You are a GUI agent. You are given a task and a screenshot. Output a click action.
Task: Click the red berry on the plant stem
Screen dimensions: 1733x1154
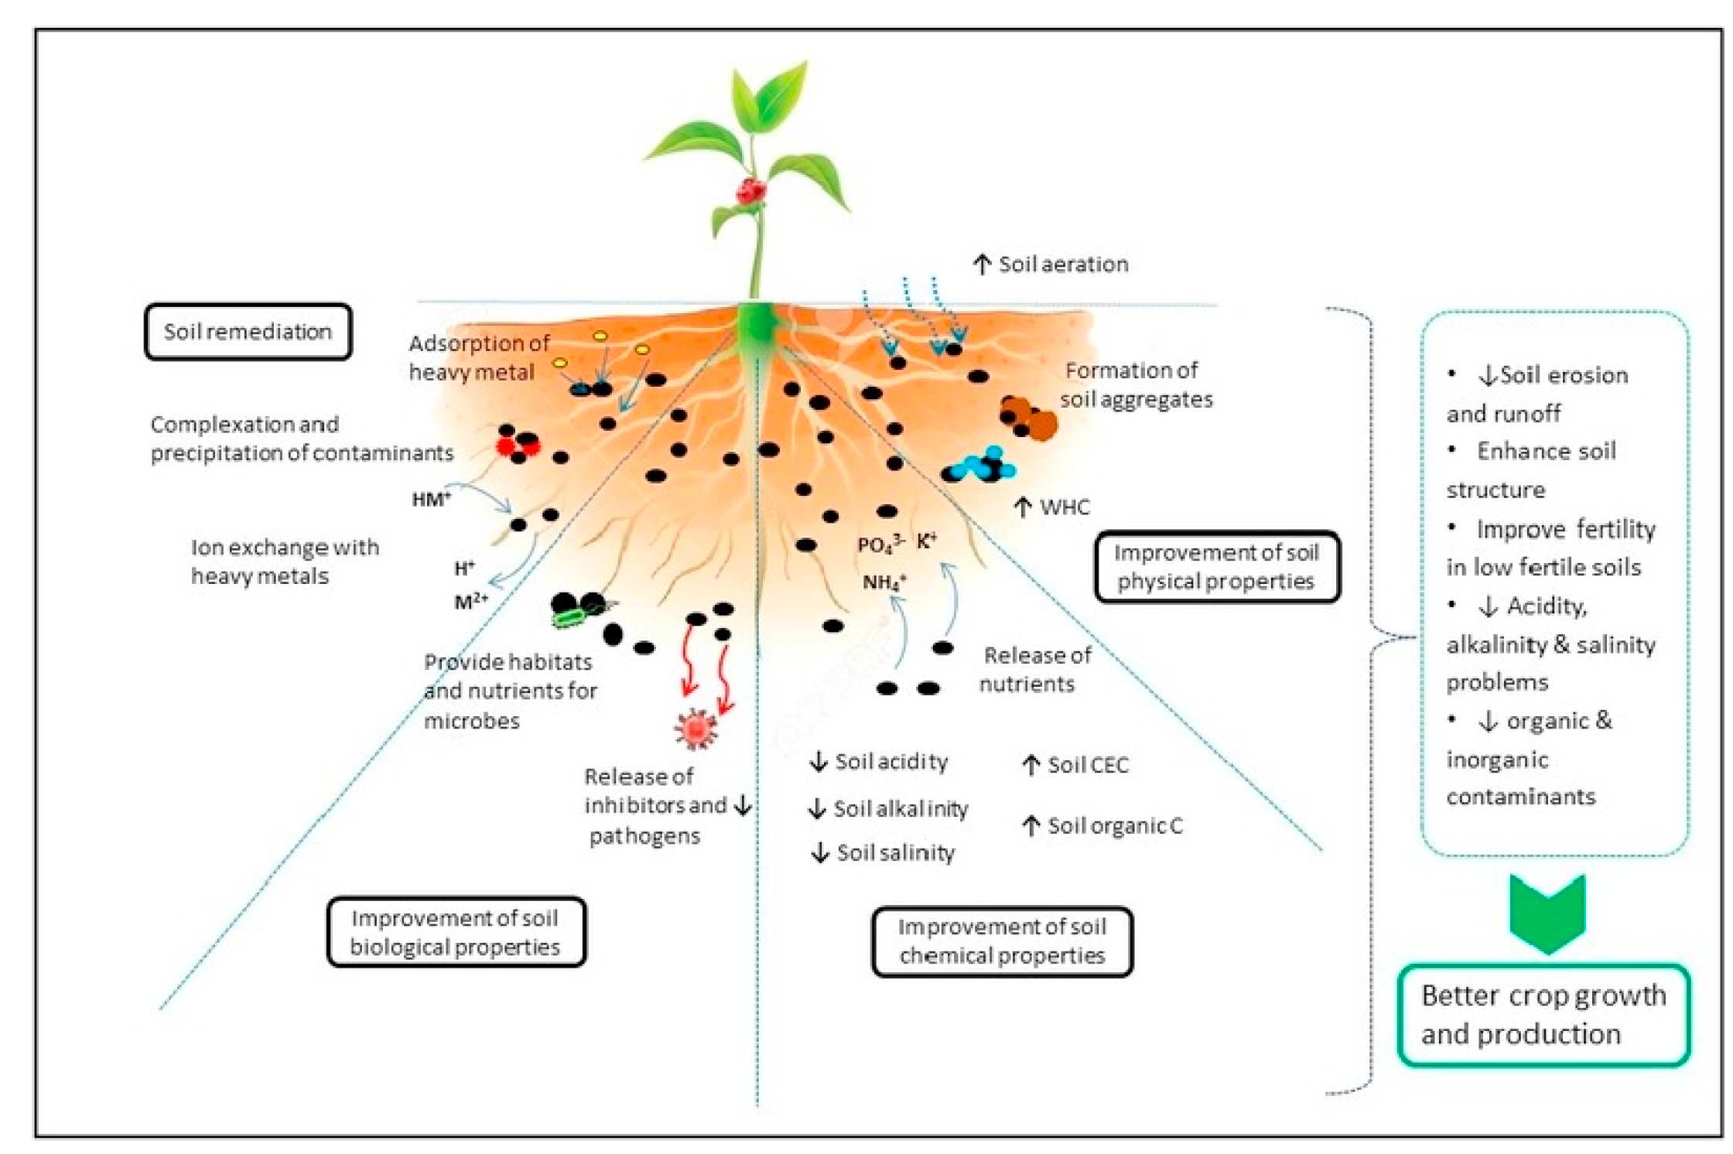coord(750,190)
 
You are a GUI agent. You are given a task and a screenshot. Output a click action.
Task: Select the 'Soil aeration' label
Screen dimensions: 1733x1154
coord(1051,265)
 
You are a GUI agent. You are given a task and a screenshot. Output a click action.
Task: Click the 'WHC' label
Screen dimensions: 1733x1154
coord(1052,507)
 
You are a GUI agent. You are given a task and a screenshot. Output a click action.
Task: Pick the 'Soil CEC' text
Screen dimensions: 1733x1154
coord(1075,765)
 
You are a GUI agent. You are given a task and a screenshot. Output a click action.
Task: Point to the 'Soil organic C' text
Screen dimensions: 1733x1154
coord(1102,826)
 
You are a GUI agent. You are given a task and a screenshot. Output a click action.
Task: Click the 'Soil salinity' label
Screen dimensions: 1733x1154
coord(883,852)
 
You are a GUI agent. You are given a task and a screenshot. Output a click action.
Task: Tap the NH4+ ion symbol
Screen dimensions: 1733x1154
coord(884,582)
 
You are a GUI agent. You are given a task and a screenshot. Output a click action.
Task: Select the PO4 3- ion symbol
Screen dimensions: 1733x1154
coord(880,545)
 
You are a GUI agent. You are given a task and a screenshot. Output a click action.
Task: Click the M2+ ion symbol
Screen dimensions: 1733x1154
coord(471,601)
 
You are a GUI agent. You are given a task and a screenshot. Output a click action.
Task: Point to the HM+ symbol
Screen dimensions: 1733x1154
coord(431,499)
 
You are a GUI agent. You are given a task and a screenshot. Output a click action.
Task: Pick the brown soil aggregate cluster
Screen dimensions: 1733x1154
coord(1029,418)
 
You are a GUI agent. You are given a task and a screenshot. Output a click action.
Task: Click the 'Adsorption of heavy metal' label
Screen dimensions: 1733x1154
coord(479,357)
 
